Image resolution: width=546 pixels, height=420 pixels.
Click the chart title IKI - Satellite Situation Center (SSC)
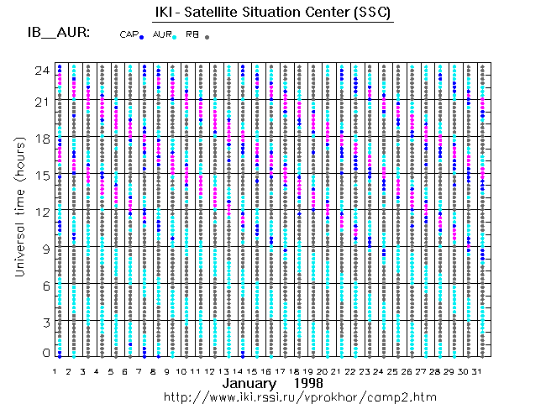[274, 13]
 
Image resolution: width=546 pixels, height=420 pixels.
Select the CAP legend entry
[131, 34]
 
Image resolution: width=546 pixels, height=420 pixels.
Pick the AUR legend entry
[164, 34]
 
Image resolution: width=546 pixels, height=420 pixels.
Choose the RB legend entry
[195, 34]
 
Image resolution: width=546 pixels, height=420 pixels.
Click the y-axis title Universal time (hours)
[18, 210]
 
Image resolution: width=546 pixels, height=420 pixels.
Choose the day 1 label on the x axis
[54, 370]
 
